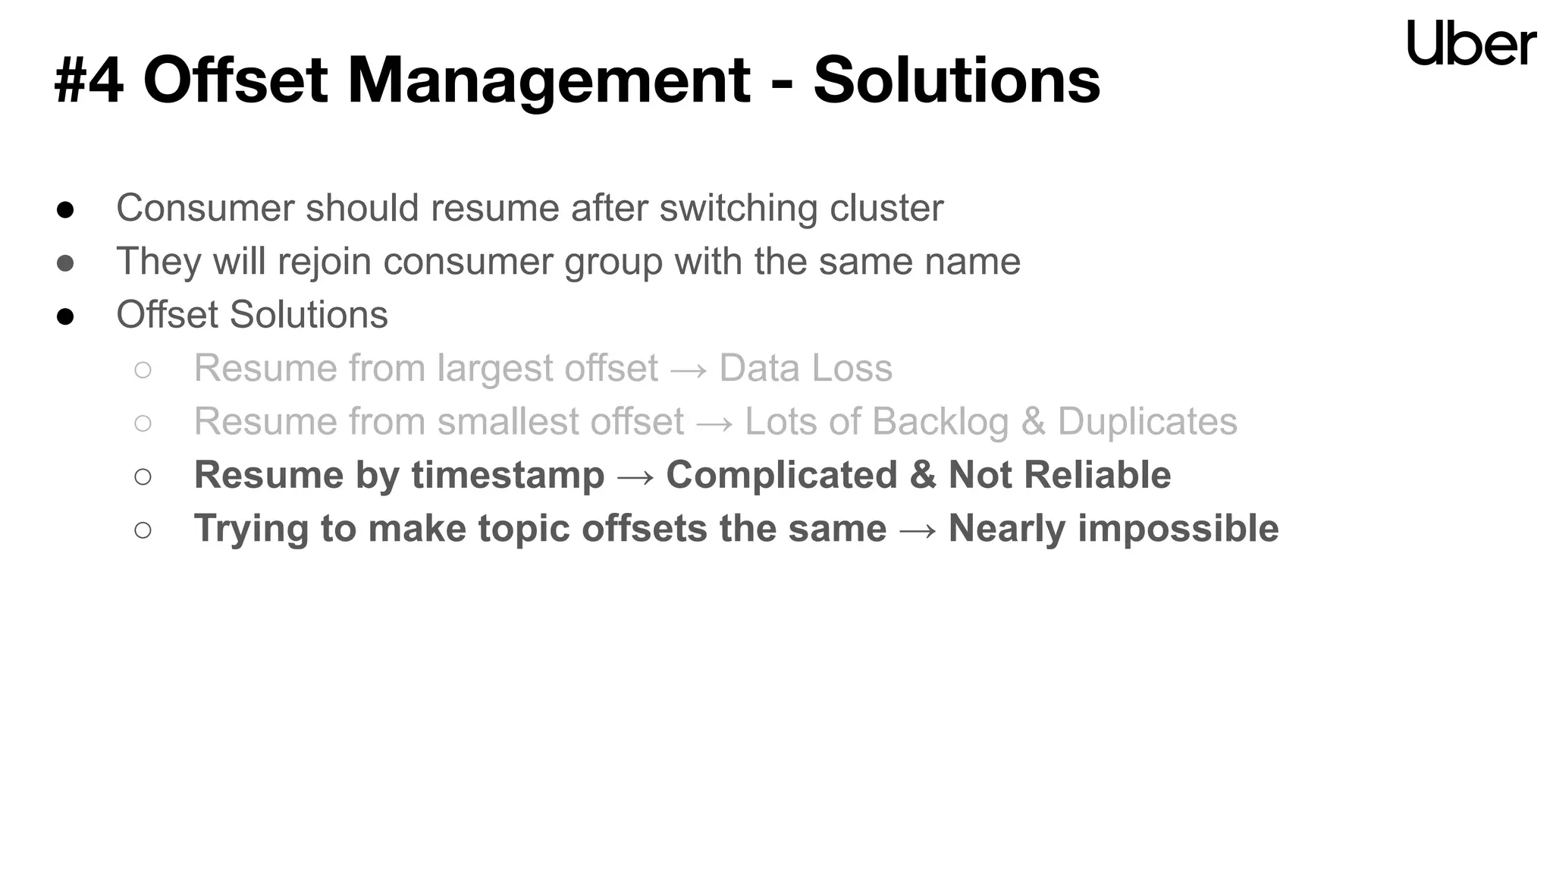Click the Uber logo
point(1471,43)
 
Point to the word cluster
point(886,208)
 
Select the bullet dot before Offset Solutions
point(65,316)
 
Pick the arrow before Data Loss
point(689,369)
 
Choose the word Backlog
point(940,422)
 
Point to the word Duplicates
point(1147,422)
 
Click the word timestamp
point(507,476)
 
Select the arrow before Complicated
point(635,476)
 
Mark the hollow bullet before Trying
point(143,530)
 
